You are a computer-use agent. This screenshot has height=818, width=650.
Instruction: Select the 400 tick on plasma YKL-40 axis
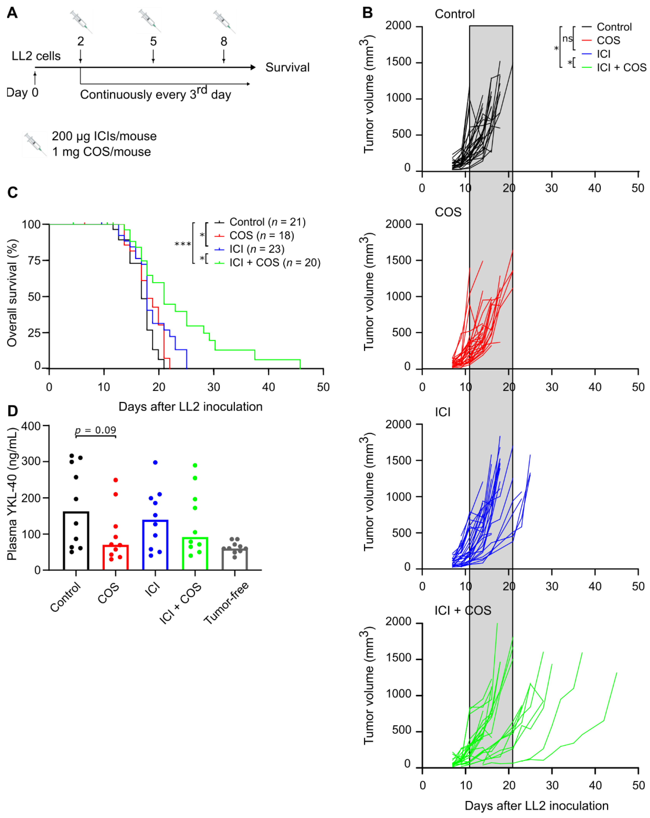(31, 426)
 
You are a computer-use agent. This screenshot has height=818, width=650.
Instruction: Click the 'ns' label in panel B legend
(567, 39)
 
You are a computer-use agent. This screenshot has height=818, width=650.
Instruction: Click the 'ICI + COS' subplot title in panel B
(463, 610)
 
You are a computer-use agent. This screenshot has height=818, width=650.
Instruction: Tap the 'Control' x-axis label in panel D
(66, 597)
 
